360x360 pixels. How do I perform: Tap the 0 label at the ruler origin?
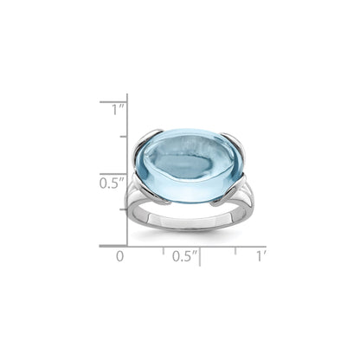coord(121,256)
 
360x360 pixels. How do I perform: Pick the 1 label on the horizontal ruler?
coord(260,256)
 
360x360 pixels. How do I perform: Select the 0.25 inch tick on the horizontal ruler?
coord(164,248)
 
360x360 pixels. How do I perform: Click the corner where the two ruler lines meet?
coord(128,245)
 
